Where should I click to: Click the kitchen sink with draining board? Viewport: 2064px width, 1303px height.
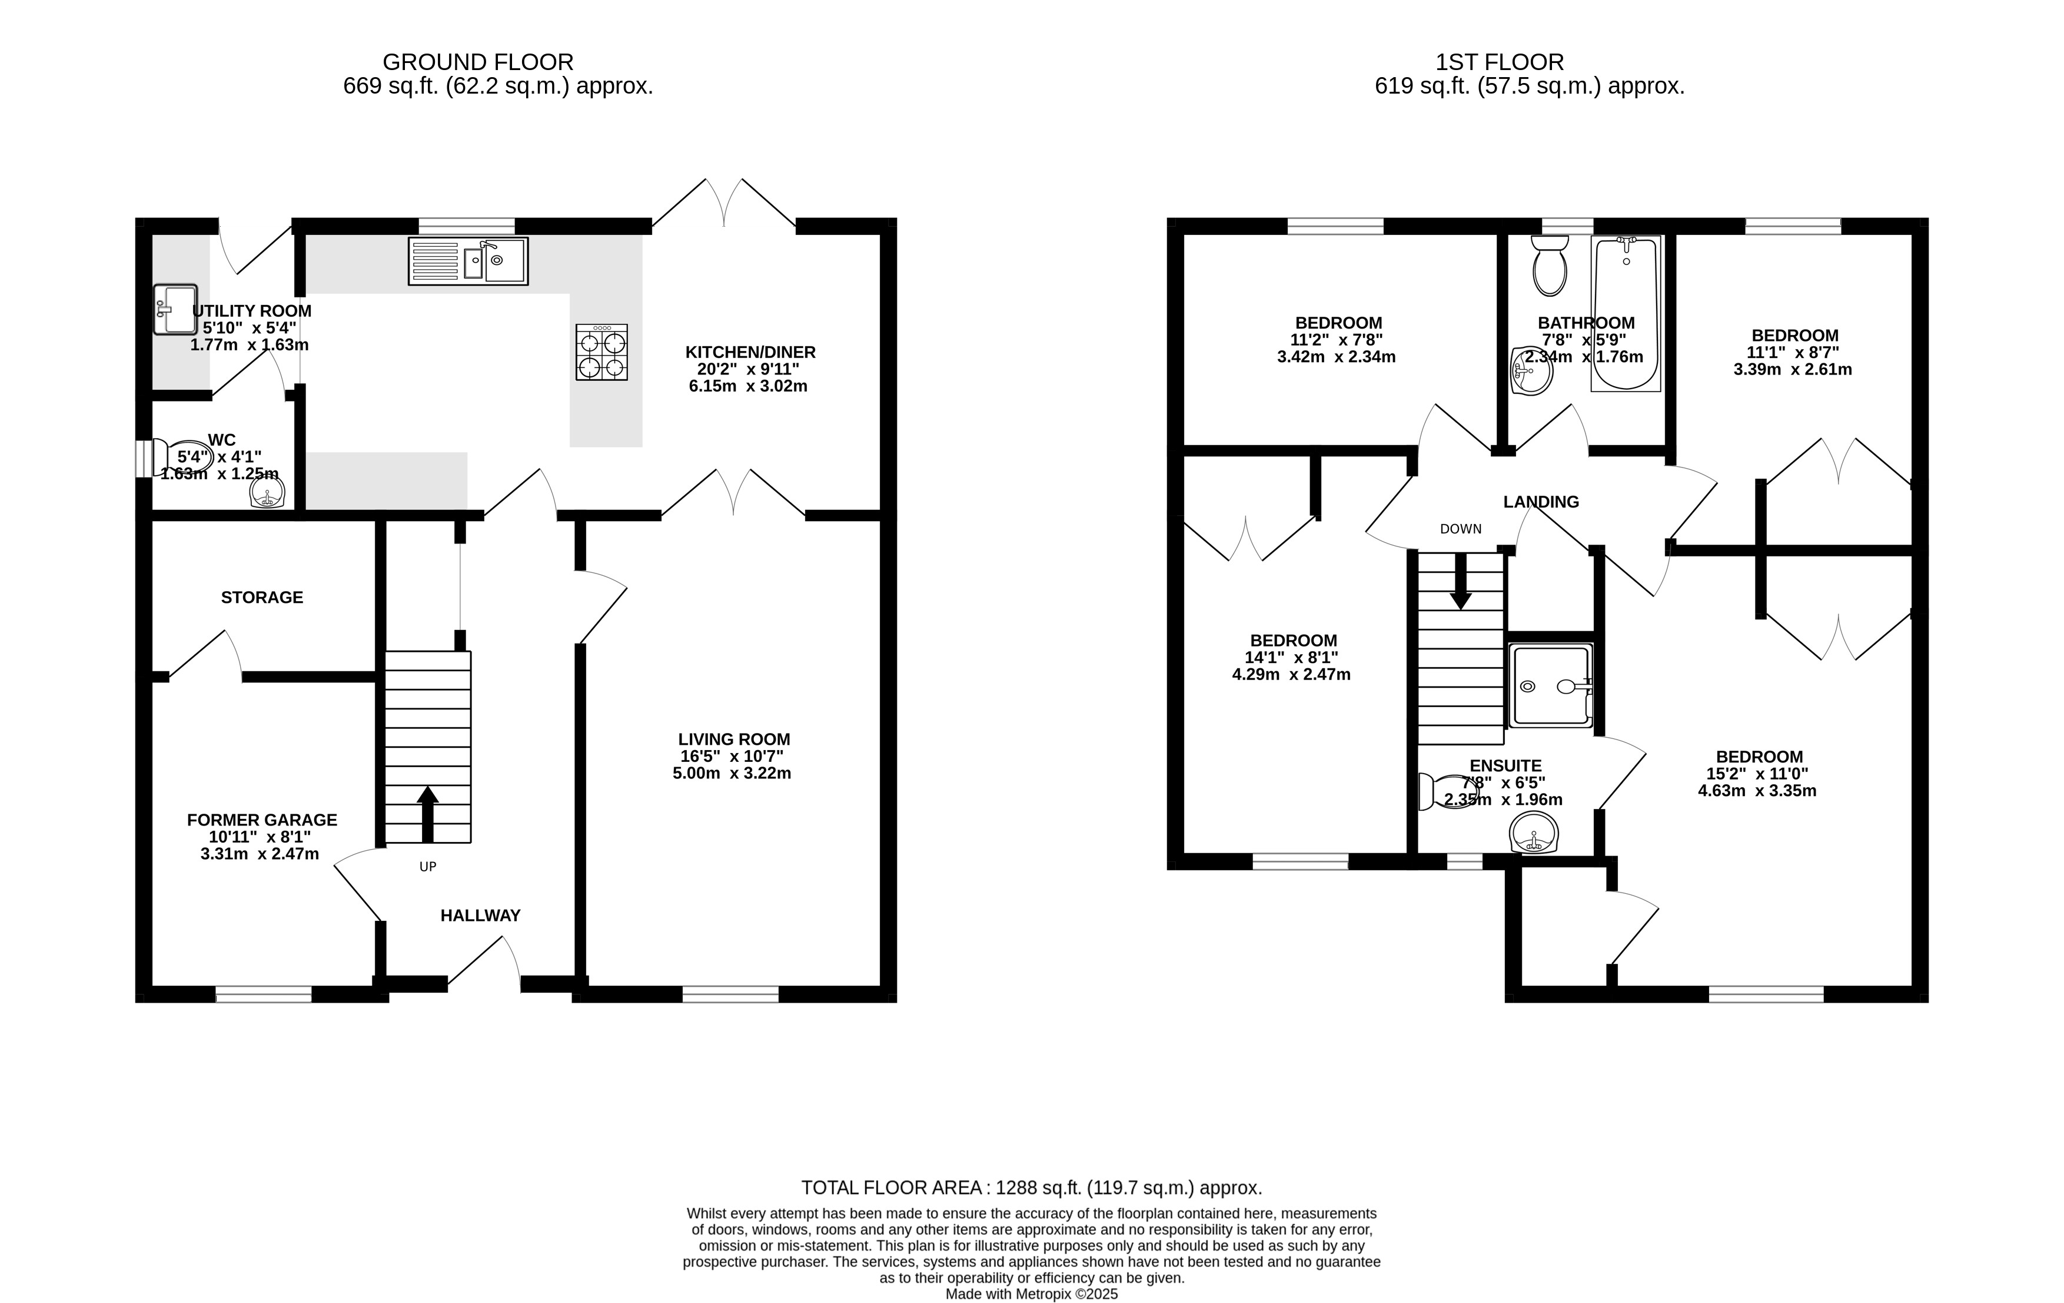tap(468, 261)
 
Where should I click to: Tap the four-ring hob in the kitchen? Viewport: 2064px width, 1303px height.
tap(601, 352)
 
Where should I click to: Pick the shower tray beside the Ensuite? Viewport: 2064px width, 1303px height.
tap(1550, 686)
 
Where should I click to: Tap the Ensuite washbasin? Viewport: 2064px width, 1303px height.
tap(1533, 833)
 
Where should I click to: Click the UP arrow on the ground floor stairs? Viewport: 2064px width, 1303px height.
tap(428, 814)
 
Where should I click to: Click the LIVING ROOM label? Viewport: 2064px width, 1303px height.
tap(734, 739)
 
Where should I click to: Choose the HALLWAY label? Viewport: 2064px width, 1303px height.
tap(480, 916)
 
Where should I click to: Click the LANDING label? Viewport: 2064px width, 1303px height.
tap(1541, 502)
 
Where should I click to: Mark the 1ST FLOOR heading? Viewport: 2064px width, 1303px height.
tap(1500, 62)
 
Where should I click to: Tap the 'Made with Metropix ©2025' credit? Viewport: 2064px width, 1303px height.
tap(1032, 1294)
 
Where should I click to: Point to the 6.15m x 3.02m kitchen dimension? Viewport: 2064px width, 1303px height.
tap(747, 386)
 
